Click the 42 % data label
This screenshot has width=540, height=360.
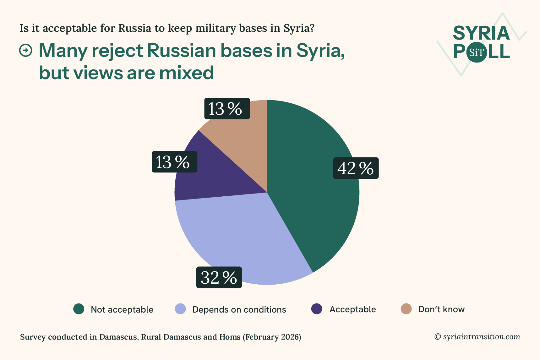(x=356, y=168)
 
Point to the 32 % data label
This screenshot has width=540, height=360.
(x=219, y=277)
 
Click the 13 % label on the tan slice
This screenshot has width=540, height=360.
(x=227, y=109)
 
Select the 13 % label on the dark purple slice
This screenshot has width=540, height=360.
(x=174, y=162)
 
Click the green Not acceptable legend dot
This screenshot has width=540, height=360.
(x=79, y=309)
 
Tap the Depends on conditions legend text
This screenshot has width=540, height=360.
(x=239, y=309)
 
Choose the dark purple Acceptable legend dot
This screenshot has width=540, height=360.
(x=317, y=309)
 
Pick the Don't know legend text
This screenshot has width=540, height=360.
(x=441, y=309)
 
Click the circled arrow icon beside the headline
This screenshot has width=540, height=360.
(x=26, y=50)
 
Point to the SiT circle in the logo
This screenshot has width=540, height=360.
(x=477, y=52)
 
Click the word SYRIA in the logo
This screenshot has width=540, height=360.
(x=481, y=33)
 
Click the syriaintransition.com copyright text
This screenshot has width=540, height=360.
(x=481, y=337)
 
